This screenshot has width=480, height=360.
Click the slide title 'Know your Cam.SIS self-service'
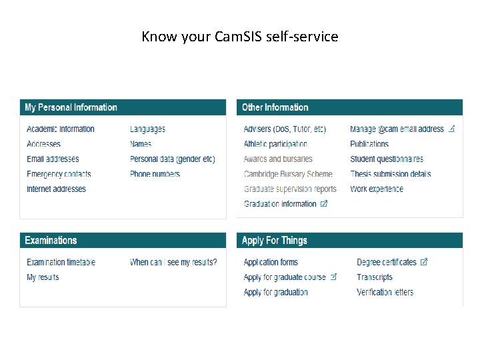point(240,36)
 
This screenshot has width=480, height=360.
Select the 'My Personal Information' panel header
point(71,107)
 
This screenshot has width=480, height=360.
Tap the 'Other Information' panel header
point(275,107)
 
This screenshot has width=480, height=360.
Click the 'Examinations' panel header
point(51,241)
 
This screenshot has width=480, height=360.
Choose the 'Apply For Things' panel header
point(274,241)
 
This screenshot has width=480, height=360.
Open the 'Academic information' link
point(61,129)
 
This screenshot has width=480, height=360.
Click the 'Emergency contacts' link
point(59,174)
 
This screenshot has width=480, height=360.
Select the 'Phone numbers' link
point(155,174)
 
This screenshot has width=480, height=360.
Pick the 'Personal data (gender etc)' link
point(172,159)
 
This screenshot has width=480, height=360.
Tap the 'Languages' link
point(147,129)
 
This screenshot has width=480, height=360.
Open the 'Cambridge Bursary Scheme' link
point(288,174)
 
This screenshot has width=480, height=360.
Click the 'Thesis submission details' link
point(390,174)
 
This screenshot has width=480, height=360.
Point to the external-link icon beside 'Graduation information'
point(324,204)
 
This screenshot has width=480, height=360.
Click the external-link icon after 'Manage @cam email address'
point(451,129)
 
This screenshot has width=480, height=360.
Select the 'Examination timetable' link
point(61,263)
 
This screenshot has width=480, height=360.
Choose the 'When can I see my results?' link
point(173,263)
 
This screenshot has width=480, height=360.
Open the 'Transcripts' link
point(375,277)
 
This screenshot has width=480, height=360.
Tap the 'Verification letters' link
point(385,293)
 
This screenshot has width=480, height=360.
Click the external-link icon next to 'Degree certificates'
point(424,262)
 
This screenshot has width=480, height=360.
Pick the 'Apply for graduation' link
point(275,293)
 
